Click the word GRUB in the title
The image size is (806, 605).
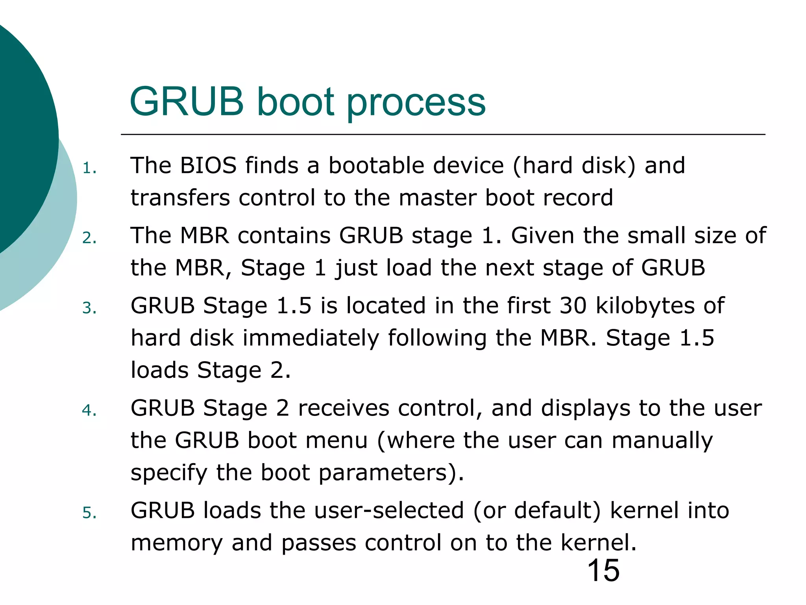tap(187, 102)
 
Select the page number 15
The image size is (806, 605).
tap(603, 570)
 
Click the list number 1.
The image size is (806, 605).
tap(89, 169)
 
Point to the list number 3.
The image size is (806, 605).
tap(89, 308)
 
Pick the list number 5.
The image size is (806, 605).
tap(89, 513)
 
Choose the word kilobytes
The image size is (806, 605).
tap(645, 306)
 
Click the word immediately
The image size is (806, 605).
tap(311, 338)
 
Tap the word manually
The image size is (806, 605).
tap(662, 440)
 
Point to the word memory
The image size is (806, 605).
tap(176, 543)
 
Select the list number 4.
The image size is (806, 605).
tap(89, 410)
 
